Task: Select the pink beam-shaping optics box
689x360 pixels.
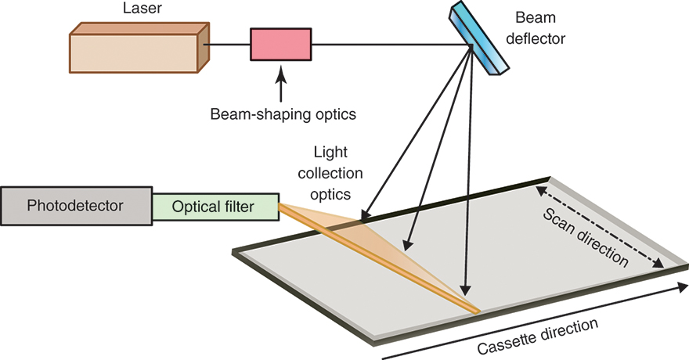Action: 280,45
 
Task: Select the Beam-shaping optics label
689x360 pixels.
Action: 283,114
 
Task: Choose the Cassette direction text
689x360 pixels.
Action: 543,334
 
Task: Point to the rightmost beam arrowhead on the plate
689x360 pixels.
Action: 467,288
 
